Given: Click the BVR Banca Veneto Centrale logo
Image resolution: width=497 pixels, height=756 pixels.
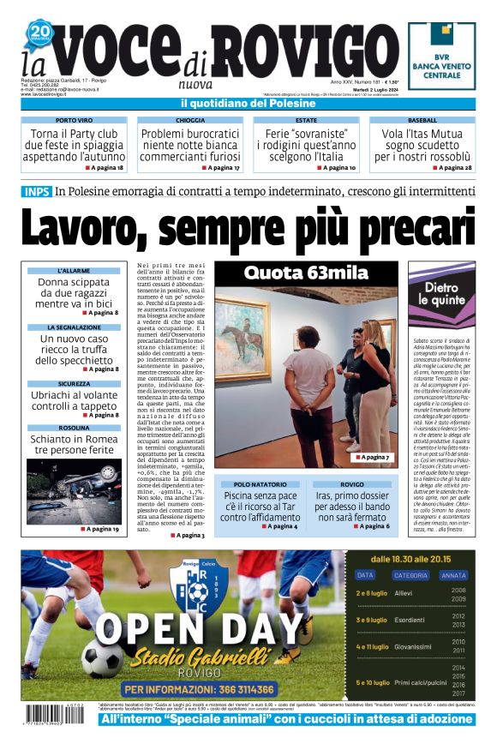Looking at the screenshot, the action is tap(441, 56).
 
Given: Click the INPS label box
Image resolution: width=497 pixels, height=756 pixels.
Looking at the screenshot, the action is tap(36, 191).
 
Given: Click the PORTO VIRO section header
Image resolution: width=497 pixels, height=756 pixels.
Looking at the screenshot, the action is tap(74, 121).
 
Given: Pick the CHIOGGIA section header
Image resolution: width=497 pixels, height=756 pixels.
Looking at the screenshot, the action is tap(190, 121).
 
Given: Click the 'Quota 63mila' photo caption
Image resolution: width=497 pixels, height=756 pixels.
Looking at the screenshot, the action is tap(305, 273).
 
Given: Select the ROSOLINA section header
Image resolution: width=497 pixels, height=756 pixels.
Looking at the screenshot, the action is tap(74, 428).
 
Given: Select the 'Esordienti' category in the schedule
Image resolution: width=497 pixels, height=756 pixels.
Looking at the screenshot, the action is tap(410, 619).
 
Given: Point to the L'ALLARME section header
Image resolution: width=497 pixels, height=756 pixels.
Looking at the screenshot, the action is tap(74, 270).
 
